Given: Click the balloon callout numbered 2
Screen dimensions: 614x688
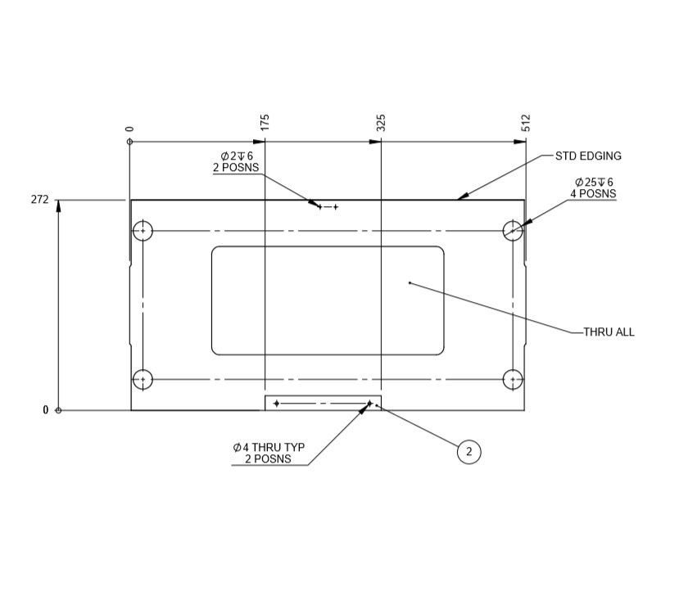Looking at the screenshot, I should pyautogui.click(x=468, y=451).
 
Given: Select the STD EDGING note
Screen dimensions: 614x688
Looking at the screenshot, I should pyautogui.click(x=588, y=156).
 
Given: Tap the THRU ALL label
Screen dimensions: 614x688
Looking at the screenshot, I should pyautogui.click(x=609, y=332).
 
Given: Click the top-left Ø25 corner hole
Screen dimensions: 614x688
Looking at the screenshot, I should pyautogui.click(x=143, y=231).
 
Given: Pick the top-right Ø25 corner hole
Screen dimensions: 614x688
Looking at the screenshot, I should pyautogui.click(x=513, y=231).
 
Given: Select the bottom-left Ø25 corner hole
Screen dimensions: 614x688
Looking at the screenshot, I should pyautogui.click(x=143, y=380).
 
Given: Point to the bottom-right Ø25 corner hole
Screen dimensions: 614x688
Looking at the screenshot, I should pyautogui.click(x=513, y=380).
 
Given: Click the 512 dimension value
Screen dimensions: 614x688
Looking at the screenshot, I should pyautogui.click(x=526, y=123).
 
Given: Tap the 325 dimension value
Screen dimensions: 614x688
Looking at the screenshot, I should pyautogui.click(x=381, y=123).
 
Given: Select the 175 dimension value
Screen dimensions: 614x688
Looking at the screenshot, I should pyautogui.click(x=265, y=123).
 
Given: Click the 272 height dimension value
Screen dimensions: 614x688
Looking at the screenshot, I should pyautogui.click(x=39, y=200).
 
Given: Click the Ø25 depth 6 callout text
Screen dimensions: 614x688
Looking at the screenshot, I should pyautogui.click(x=594, y=187).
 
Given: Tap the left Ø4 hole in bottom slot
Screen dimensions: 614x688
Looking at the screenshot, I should pyautogui.click(x=277, y=404).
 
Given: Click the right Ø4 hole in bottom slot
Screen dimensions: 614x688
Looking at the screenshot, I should pyautogui.click(x=369, y=404).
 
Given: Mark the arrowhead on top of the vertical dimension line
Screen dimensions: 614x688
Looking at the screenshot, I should pyautogui.click(x=58, y=205).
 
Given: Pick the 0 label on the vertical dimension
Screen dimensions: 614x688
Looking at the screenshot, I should pyautogui.click(x=46, y=410).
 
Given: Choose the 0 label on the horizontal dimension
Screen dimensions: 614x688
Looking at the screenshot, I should pyautogui.click(x=129, y=129).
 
